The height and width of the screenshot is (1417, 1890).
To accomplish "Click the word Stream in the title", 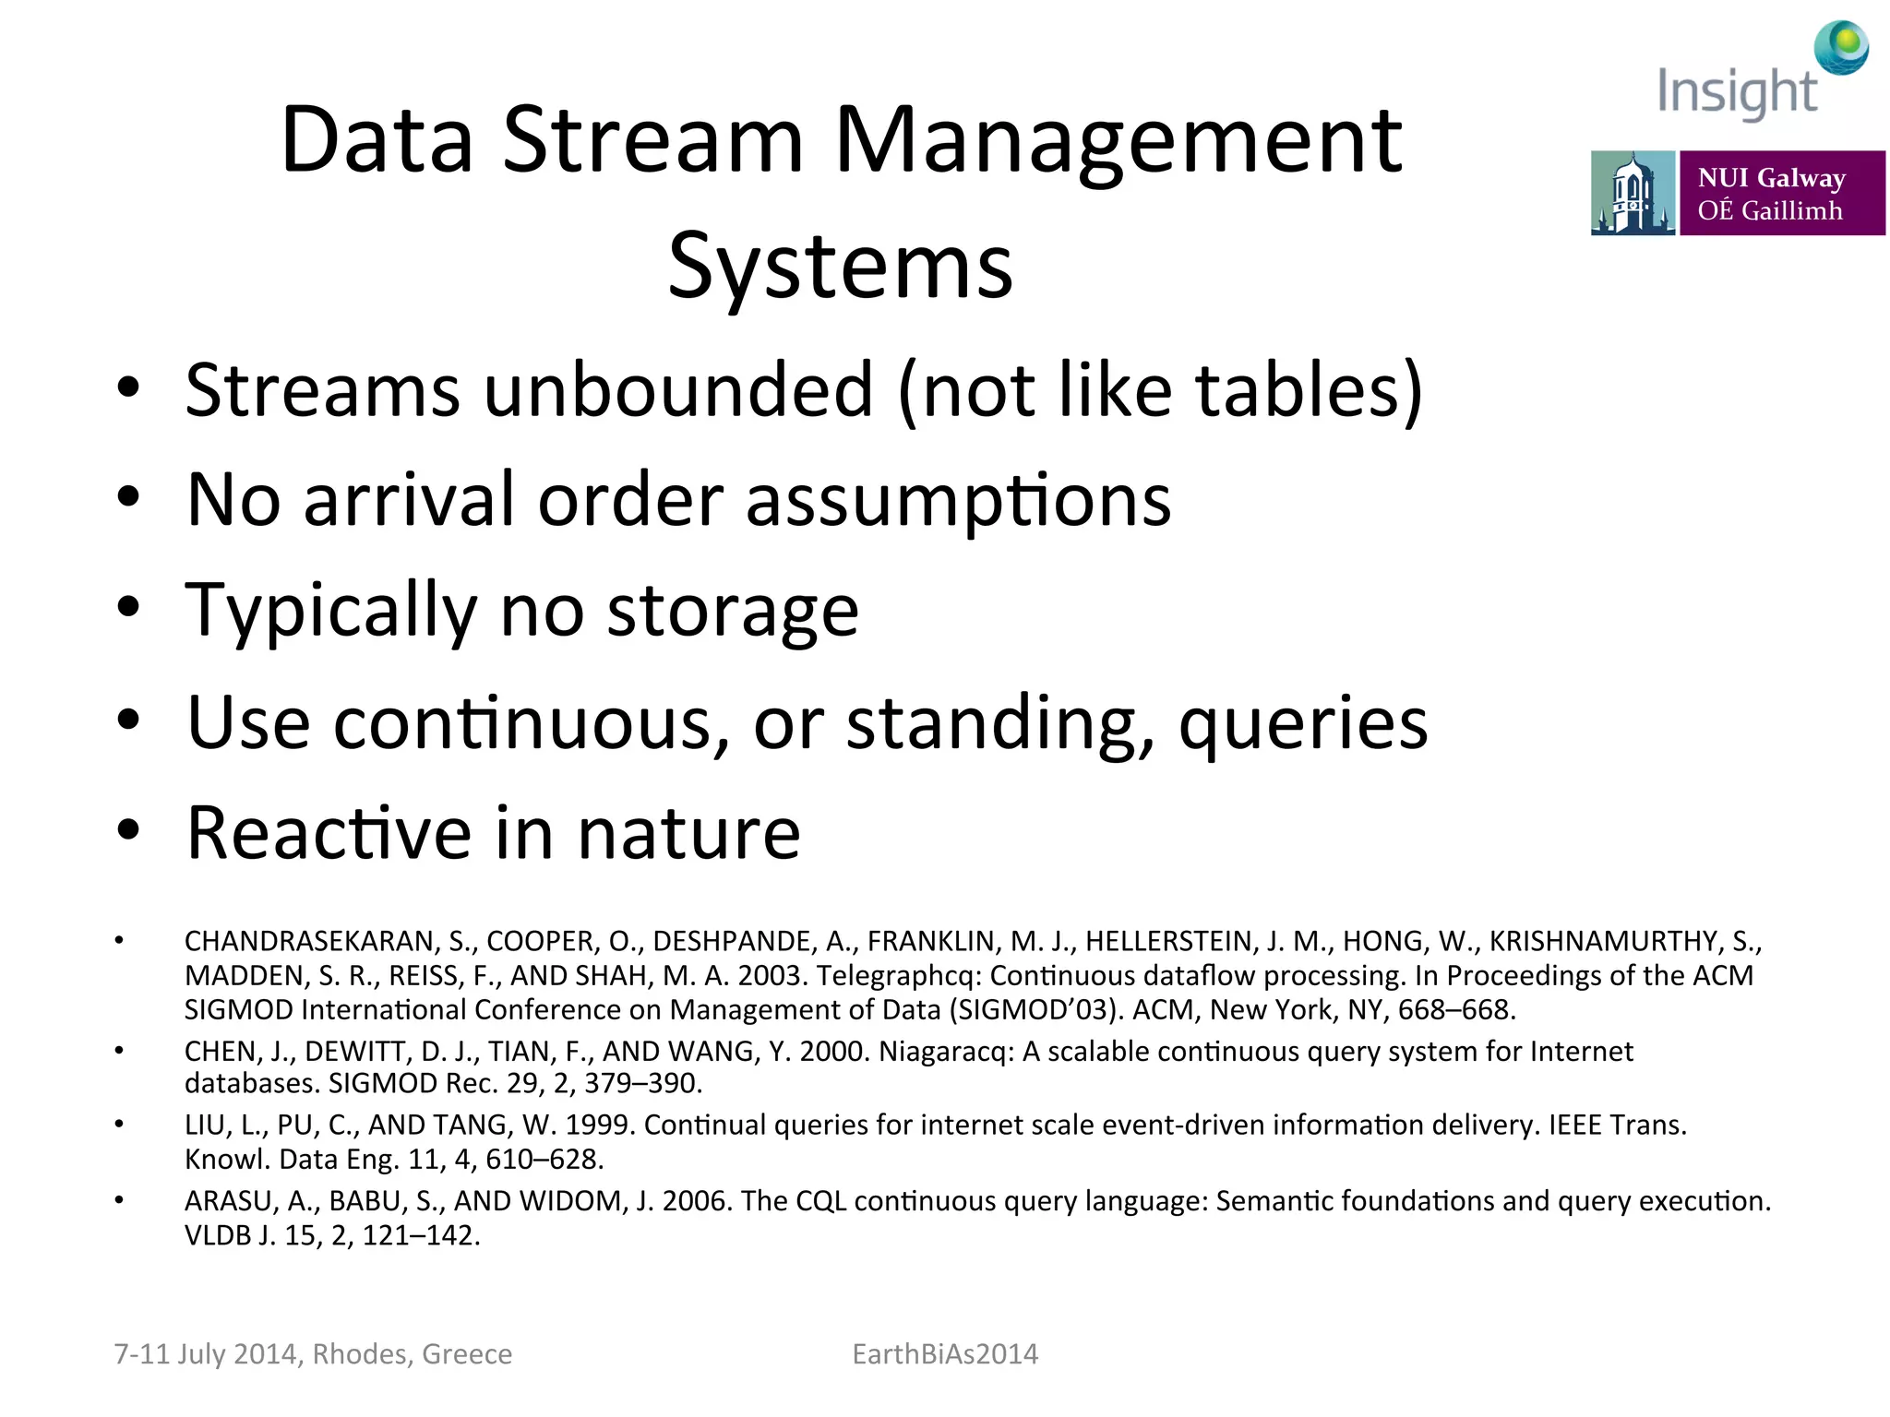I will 653,140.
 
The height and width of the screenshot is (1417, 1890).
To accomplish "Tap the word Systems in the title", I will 840,266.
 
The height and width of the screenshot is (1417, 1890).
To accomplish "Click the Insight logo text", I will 1737,92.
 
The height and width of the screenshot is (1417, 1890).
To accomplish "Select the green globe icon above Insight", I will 1840,46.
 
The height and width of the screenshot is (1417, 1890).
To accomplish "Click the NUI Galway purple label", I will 1781,193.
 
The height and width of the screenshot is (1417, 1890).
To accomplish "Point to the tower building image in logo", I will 1632,193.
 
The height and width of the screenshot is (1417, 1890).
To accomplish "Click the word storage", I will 733,611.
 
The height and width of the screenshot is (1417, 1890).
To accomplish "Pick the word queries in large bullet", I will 1303,723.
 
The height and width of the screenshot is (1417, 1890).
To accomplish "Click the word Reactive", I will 328,833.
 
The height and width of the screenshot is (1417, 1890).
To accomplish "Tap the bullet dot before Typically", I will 128,607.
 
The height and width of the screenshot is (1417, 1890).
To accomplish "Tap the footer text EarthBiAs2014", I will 945,1353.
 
